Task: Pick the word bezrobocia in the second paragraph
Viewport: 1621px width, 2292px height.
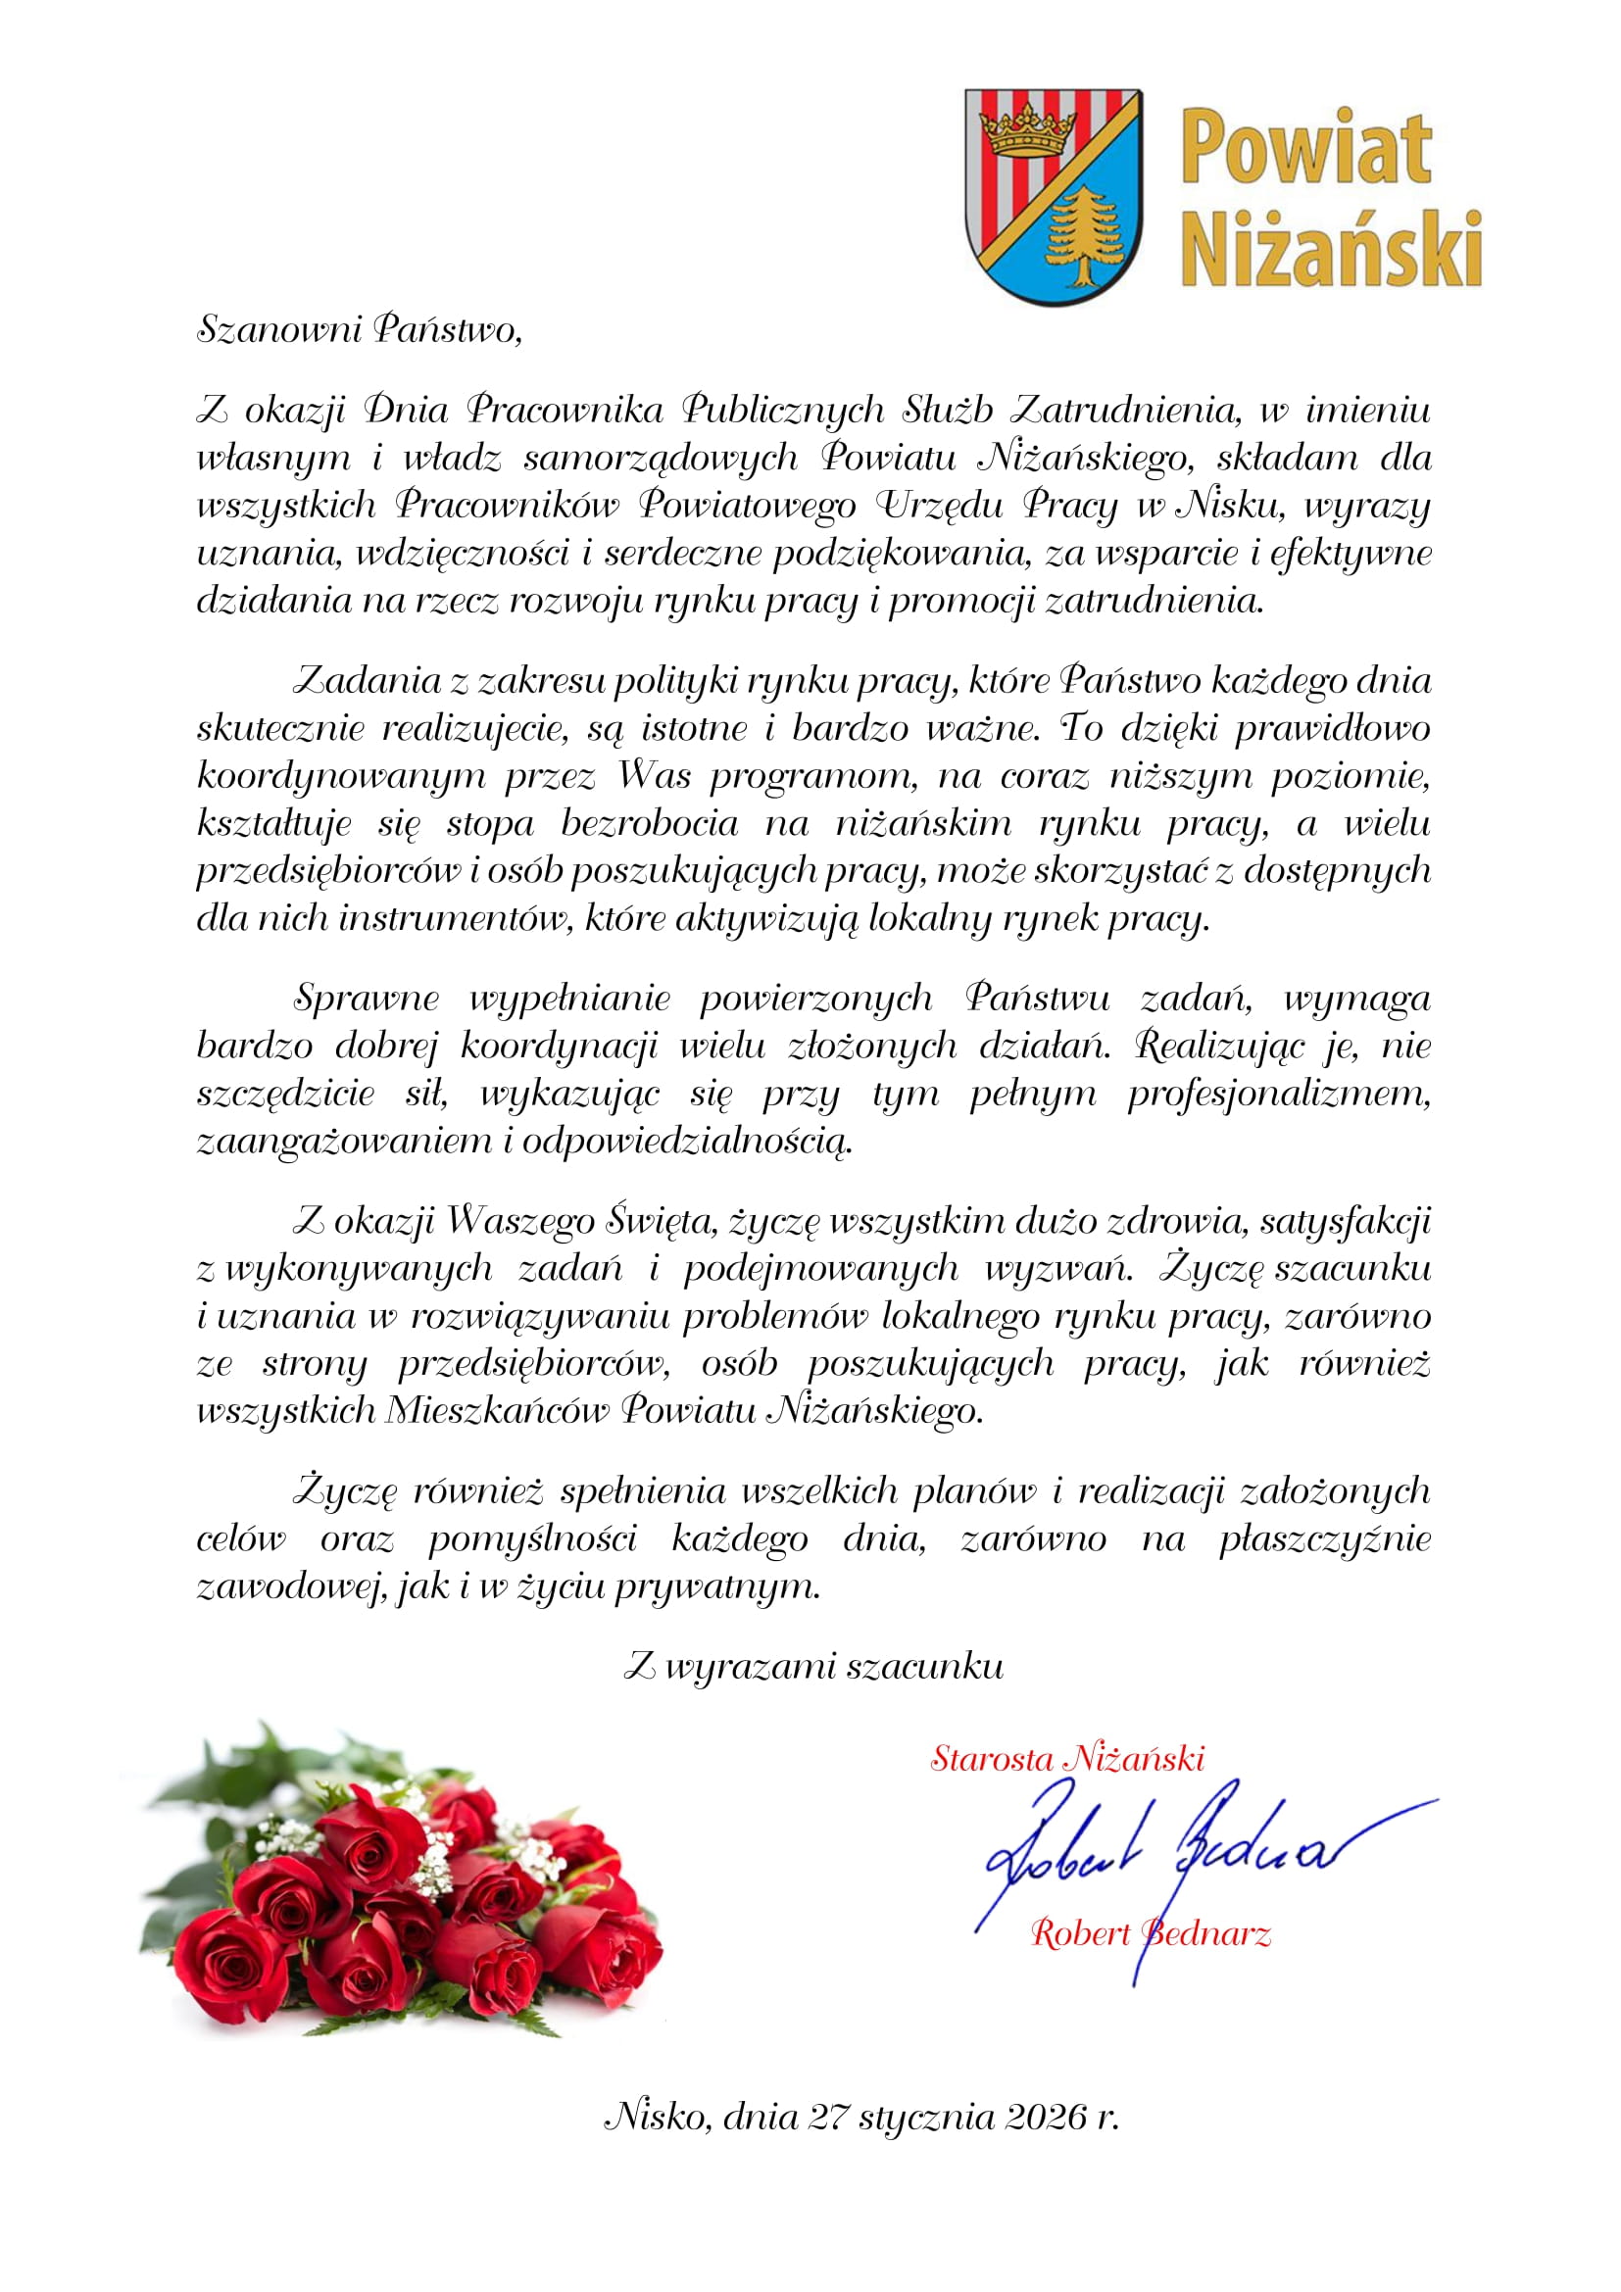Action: pyautogui.click(x=649, y=823)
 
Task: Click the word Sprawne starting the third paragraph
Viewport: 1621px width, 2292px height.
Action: pyautogui.click(x=367, y=999)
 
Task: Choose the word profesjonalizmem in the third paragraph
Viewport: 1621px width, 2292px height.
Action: pyautogui.click(x=1279, y=1095)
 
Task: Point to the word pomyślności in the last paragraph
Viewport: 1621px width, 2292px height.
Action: pyautogui.click(x=532, y=1539)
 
